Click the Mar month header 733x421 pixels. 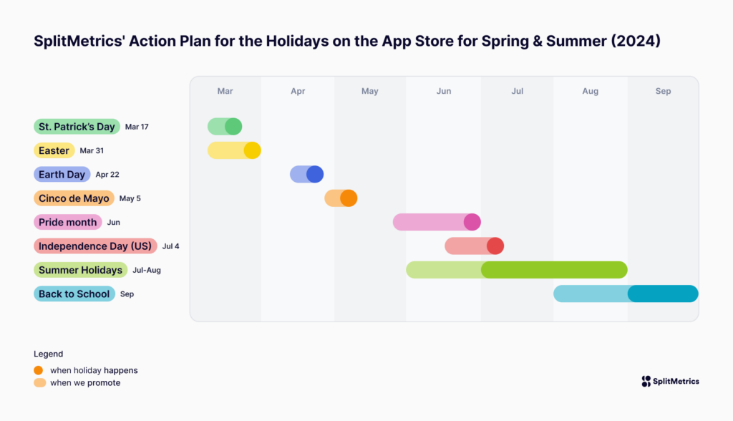(x=225, y=92)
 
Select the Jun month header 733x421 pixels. (x=444, y=92)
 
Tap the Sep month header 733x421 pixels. (x=663, y=92)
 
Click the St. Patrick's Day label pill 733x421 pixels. (x=77, y=127)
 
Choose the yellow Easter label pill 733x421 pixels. (x=54, y=150)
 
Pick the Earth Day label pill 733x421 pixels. (x=62, y=175)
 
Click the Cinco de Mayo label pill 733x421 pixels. (x=74, y=198)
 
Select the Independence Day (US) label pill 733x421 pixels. (x=95, y=246)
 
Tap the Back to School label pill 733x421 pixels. (x=74, y=294)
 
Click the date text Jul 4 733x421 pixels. (x=171, y=246)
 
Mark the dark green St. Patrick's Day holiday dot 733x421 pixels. (x=233, y=127)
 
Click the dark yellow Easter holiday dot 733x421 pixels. (x=252, y=150)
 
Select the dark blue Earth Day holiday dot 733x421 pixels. (x=315, y=175)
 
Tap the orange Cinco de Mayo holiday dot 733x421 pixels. (x=349, y=198)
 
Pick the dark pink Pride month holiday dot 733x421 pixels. (x=472, y=222)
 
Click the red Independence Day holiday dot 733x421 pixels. (x=495, y=246)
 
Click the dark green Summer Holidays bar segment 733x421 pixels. (x=554, y=270)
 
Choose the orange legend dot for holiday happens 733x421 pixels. (x=39, y=370)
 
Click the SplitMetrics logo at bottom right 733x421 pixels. (x=670, y=382)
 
